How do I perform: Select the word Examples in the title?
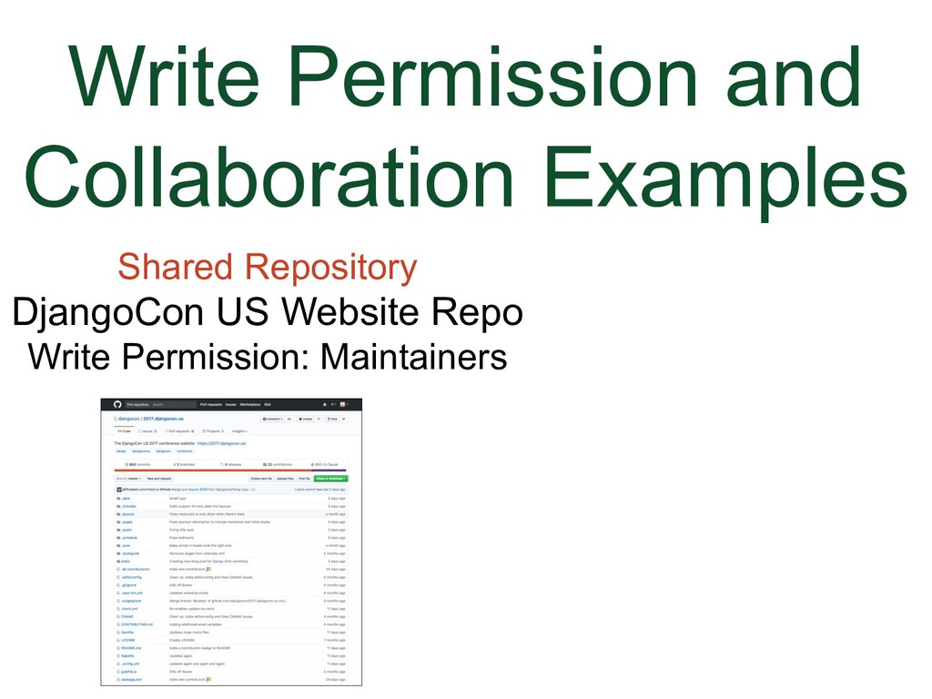729,178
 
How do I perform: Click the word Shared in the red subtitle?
177,268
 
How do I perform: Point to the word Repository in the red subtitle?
331,268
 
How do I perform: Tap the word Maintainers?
414,356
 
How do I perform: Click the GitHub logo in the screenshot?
116,404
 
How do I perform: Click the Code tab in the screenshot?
125,431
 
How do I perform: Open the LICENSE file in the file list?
127,640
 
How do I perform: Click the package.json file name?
131,680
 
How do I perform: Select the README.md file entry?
131,648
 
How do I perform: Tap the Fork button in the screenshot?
334,419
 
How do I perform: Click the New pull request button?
159,478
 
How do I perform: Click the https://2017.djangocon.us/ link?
222,443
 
